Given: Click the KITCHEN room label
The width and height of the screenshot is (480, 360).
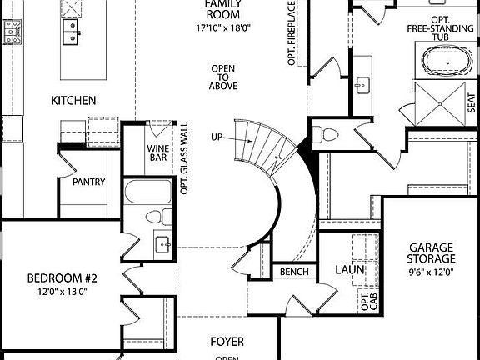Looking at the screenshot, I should point(74,101).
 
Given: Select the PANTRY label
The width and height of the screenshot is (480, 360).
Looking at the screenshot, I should point(89,182).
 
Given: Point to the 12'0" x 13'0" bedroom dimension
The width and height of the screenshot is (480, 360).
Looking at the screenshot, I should point(62,291).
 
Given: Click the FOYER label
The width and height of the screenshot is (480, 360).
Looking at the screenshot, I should point(227,341).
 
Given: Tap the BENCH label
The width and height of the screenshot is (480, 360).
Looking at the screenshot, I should point(295,272).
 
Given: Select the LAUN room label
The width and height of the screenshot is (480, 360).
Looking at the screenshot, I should point(346,270).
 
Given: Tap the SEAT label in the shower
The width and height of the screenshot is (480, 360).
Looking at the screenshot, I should point(470,104).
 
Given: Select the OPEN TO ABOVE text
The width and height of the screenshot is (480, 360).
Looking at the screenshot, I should point(224,77).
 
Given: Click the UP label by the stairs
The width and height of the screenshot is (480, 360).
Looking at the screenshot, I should point(217,137).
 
